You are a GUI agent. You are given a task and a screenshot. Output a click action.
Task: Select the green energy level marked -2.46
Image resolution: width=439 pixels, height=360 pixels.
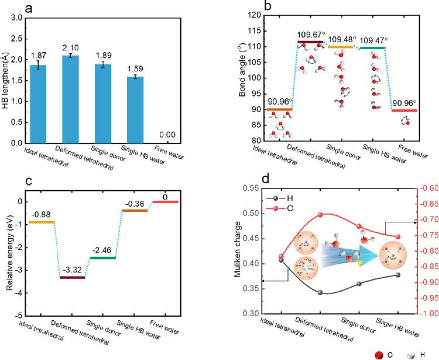pyautogui.click(x=102, y=258)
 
